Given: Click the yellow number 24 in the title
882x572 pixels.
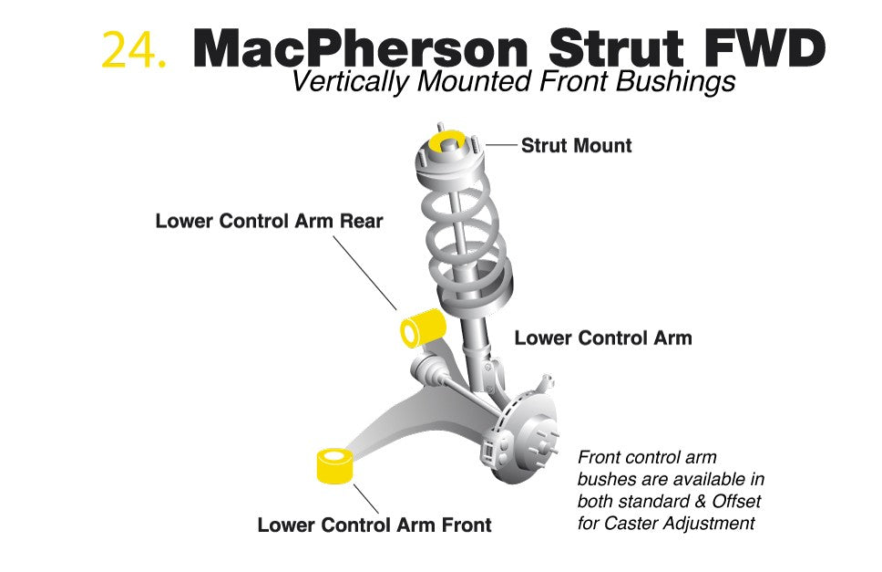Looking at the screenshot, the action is pos(134,49).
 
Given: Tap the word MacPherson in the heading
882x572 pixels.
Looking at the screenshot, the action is pos(360,48).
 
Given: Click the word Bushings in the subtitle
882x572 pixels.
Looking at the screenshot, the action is pos(675,82).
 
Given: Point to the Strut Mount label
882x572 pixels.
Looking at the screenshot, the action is pos(576,145).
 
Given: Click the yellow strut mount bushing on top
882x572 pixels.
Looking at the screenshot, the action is pos(447,140).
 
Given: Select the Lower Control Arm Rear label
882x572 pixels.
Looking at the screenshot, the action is pos(269,221).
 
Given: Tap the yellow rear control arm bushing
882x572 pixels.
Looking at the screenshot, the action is pos(423,328).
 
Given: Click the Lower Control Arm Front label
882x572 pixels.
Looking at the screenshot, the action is pos(374,525).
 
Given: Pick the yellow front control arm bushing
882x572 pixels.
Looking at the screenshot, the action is pos(334,465).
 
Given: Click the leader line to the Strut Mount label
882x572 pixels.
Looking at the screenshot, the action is pos(501,145).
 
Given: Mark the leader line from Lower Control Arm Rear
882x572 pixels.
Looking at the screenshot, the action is pos(364,273).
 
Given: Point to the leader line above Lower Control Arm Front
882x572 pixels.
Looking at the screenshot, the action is pos(365,499).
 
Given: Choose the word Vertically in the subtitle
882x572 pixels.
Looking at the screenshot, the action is pos(351,82).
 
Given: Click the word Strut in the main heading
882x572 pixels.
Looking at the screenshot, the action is pos(615,48).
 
